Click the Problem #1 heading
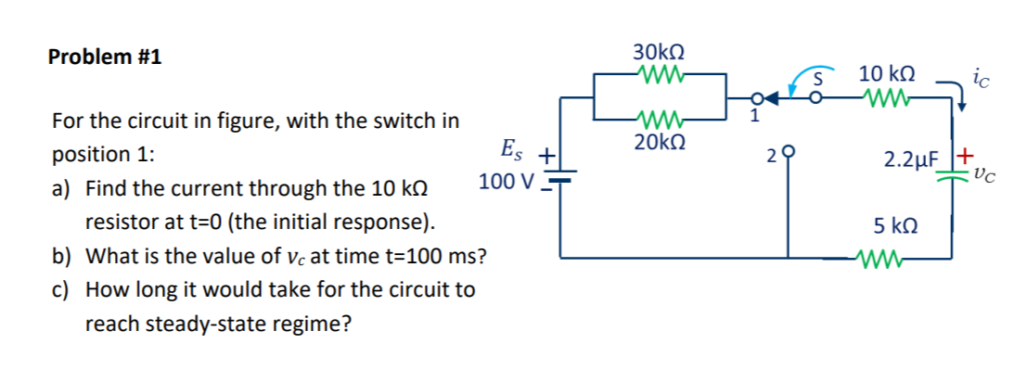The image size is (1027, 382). (104, 57)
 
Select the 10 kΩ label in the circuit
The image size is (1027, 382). (887, 73)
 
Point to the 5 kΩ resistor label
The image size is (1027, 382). (897, 225)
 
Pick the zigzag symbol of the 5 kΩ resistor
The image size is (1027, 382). (883, 259)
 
